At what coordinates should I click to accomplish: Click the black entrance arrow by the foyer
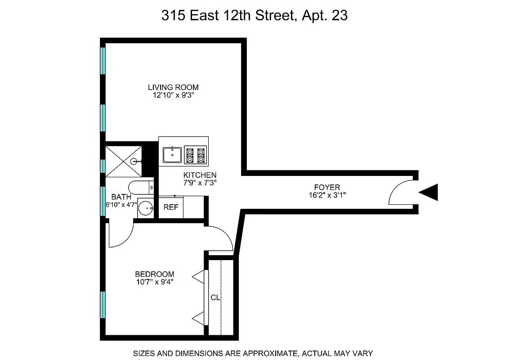coord(429,192)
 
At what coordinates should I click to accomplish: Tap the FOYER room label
coord(327,187)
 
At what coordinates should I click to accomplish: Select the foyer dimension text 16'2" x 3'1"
coord(327,195)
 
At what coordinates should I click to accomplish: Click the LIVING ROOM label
coord(173,87)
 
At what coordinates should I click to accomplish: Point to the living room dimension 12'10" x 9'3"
coord(173,95)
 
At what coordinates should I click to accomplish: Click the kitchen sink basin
coord(172,155)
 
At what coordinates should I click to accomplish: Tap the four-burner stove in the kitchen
coord(195,155)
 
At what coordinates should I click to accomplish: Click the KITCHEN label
coord(200,175)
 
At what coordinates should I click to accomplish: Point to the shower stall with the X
coord(123,161)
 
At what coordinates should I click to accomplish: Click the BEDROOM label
coord(155,274)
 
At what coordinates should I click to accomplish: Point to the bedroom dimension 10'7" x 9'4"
coord(155,282)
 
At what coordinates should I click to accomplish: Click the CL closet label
coord(215,297)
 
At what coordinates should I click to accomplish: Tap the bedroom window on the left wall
coord(103,305)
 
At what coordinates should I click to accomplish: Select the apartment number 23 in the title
coord(339,16)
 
